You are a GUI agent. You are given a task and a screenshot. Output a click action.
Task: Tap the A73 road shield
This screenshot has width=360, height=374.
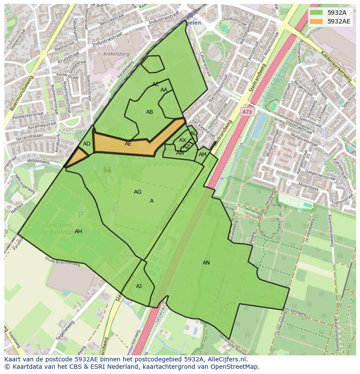pos(247,112)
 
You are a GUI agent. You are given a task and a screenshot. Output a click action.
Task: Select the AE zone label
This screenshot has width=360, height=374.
pos(128,144)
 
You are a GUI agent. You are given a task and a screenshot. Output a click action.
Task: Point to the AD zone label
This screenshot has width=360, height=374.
pos(87,144)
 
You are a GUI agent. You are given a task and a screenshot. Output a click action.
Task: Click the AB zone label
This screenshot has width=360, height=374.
pos(150,112)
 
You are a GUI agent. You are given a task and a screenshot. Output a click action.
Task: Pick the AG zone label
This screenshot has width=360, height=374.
pos(137,192)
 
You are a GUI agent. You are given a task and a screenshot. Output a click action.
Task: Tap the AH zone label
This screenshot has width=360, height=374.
pos(78,232)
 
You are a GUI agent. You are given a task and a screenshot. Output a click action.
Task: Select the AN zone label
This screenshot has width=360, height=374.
pos(206,263)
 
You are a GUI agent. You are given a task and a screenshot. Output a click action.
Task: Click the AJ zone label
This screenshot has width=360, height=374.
pos(139,286)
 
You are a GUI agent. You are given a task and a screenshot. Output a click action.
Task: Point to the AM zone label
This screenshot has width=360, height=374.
pos(203,155)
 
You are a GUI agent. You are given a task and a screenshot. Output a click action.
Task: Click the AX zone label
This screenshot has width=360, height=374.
pos(183,140)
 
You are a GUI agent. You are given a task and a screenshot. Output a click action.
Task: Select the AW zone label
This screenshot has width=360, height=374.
pos(180,153)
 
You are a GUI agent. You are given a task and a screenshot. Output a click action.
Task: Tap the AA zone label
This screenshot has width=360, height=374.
pos(164,90)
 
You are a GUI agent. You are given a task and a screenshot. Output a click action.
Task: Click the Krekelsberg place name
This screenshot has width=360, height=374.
pos(117,54)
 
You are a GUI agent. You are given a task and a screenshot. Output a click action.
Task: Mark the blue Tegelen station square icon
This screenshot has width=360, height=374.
pos(190,15)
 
